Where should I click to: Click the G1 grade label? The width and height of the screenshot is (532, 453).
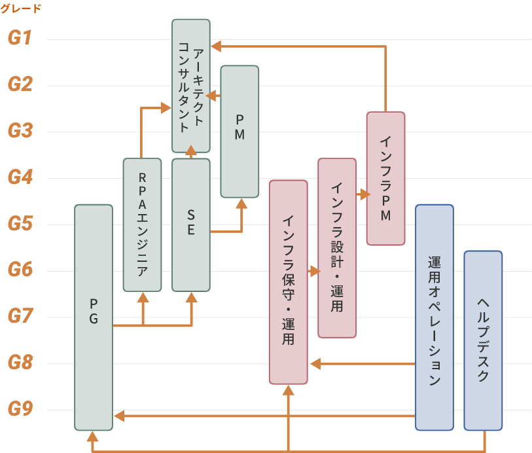pyautogui.click(x=20, y=38)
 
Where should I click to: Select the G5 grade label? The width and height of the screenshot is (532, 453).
pyautogui.click(x=20, y=224)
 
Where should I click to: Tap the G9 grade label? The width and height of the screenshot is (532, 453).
pyautogui.click(x=20, y=410)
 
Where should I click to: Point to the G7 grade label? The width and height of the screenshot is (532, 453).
pyautogui.click(x=20, y=317)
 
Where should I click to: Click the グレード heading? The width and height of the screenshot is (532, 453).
pyautogui.click(x=20, y=9)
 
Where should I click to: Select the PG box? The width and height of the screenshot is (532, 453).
pyautogui.click(x=94, y=317)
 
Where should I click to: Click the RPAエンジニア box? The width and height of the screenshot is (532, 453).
pyautogui.click(x=142, y=225)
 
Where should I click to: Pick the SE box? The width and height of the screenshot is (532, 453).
pyautogui.click(x=191, y=225)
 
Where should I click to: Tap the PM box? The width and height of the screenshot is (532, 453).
pyautogui.click(x=239, y=131)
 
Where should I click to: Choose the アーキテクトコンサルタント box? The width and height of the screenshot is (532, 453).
pyautogui.click(x=191, y=86)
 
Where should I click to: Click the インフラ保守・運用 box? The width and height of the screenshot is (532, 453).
pyautogui.click(x=288, y=281)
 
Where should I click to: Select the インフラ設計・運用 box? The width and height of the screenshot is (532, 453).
pyautogui.click(x=337, y=247)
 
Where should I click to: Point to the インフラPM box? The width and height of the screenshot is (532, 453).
pyautogui.click(x=385, y=178)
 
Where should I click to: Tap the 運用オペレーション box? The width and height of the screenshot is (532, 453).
pyautogui.click(x=434, y=317)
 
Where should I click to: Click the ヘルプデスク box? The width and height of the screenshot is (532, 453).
pyautogui.click(x=483, y=340)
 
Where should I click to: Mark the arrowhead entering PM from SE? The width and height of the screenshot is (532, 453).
pyautogui.click(x=241, y=203)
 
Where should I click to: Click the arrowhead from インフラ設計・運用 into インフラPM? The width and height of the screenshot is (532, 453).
pyautogui.click(x=363, y=194)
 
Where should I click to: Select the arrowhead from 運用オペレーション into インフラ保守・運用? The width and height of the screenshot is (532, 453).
pyautogui.click(x=315, y=363)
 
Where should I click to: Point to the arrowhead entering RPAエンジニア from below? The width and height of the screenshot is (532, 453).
pyautogui.click(x=143, y=297)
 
